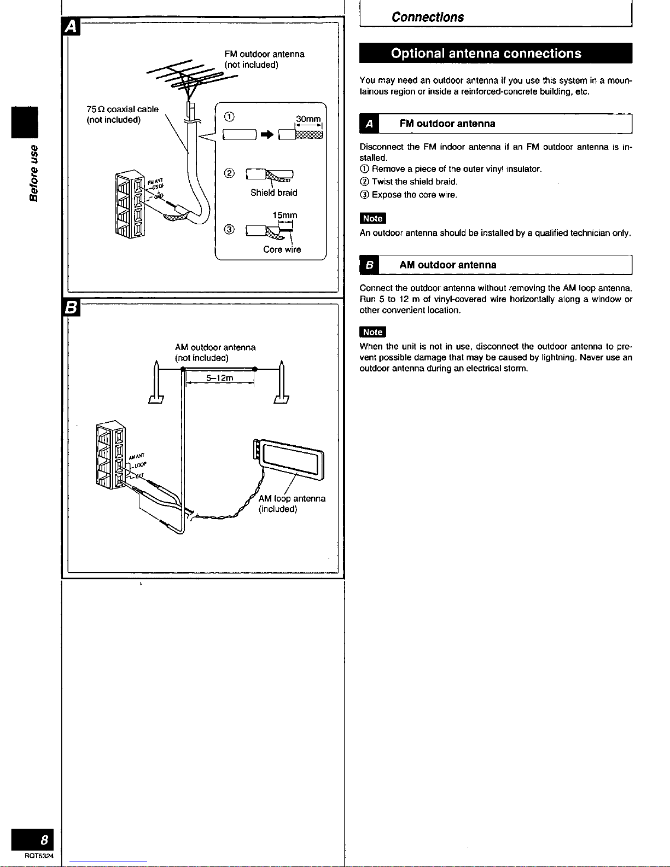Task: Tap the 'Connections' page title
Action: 428,17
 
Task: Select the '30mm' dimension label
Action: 308,119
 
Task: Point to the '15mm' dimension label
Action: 284,216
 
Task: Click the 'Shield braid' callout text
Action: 273,193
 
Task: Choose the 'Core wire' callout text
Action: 282,249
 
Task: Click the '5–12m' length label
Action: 220,378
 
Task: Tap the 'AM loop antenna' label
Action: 292,498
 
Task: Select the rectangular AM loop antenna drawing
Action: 290,459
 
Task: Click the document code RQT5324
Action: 39,857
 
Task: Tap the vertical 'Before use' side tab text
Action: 34,172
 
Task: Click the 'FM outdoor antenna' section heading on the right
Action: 447,124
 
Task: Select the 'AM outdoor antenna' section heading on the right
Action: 447,265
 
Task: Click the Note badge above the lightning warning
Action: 372,332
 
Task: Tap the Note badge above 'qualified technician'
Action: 372,218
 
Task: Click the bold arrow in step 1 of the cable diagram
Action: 267,134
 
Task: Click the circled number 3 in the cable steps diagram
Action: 230,229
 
